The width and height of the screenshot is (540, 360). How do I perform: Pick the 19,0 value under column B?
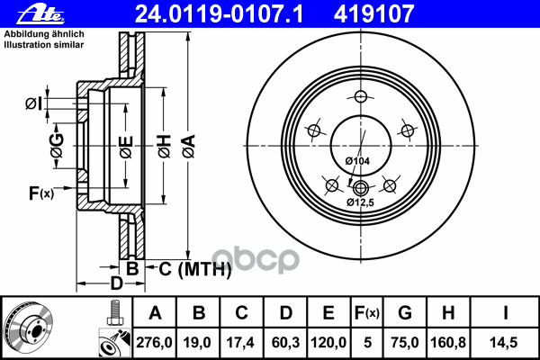point(199,343)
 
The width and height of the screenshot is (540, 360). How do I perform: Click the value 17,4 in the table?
point(242,343)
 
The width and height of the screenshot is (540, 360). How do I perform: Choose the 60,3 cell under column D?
point(285,343)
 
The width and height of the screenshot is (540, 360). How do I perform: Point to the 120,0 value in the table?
point(328,343)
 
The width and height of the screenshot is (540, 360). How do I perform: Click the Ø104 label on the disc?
point(358,160)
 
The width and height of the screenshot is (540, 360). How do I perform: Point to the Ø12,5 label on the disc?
point(361,203)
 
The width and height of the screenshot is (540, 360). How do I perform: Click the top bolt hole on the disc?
point(360,97)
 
